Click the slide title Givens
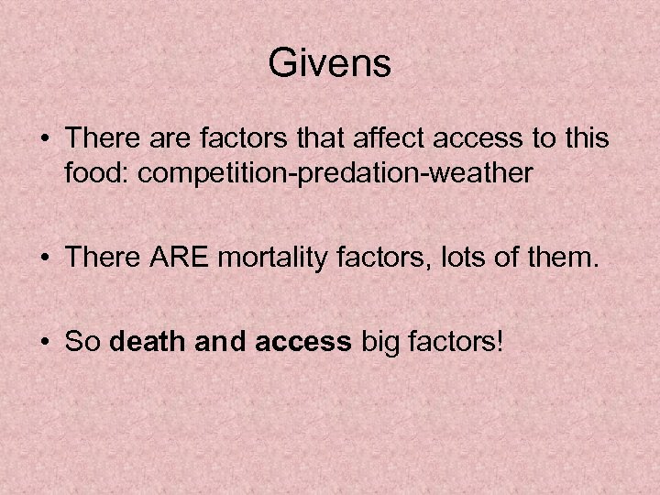point(330,63)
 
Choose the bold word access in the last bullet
point(304,342)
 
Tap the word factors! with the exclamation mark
point(457,342)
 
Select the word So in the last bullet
point(83,342)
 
